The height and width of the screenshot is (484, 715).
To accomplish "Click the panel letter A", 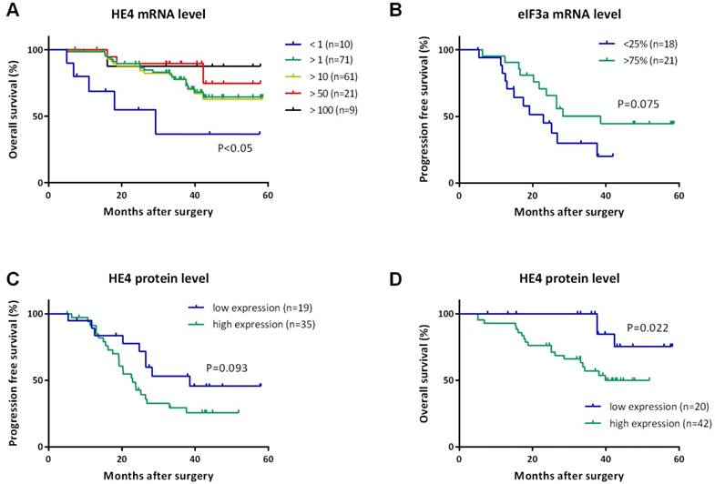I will click(x=15, y=14).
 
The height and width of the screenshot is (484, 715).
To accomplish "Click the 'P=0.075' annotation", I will click(x=637, y=103).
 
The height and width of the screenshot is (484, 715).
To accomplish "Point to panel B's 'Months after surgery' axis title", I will click(x=568, y=212).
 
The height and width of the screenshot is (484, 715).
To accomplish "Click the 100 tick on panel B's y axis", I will click(x=445, y=49).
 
